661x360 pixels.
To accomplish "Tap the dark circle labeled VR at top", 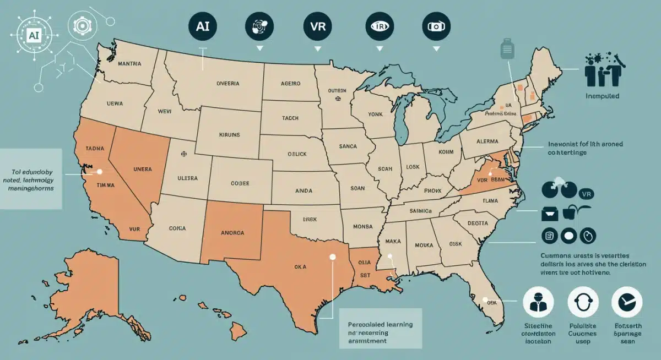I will pyautogui.click(x=318, y=26).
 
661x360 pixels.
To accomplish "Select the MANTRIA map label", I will pyautogui.click(x=129, y=64).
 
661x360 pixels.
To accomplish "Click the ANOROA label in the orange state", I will pyautogui.click(x=232, y=232).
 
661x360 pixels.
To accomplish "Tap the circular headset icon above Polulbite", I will pyautogui.click(x=583, y=303).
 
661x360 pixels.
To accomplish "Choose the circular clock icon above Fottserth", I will pyautogui.click(x=627, y=303).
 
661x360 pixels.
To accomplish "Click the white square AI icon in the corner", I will pyautogui.click(x=34, y=34).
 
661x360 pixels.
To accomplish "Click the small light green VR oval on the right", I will pyautogui.click(x=587, y=194).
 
